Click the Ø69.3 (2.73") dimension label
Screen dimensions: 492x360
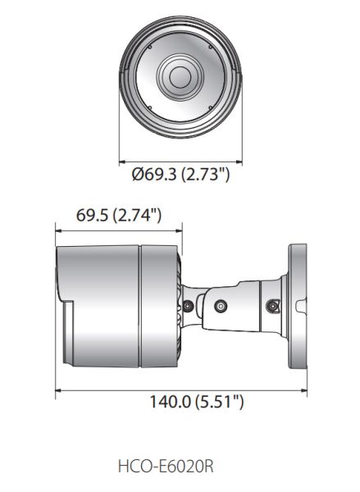[x=180, y=174]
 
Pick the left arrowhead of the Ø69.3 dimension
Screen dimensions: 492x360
[x=123, y=159]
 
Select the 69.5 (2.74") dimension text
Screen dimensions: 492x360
[x=117, y=216]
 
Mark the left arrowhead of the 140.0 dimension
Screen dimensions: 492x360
[x=59, y=392]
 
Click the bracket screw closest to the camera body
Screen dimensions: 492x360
[x=189, y=306]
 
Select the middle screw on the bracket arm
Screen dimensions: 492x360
[x=220, y=306]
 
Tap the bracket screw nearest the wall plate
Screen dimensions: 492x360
[x=274, y=306]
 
